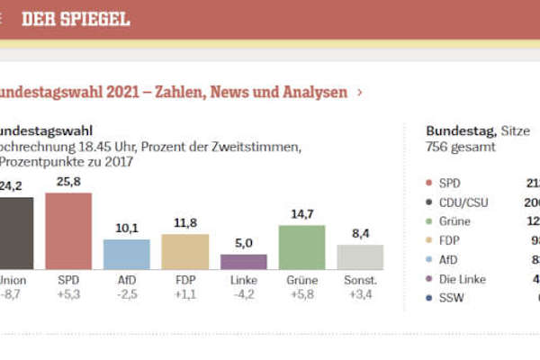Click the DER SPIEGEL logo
(x=76, y=19)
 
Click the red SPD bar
(x=68, y=231)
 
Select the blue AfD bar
(x=126, y=254)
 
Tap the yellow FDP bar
(x=184, y=251)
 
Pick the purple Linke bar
(x=243, y=261)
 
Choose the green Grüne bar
(x=301, y=247)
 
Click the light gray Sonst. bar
(x=360, y=256)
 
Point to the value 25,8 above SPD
(x=68, y=182)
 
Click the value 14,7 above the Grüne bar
(x=301, y=214)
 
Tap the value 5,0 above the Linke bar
(x=243, y=243)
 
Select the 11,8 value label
(x=184, y=223)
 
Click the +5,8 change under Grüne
(x=301, y=293)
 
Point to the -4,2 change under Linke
(x=243, y=293)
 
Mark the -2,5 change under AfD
(x=126, y=293)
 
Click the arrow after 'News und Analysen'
(x=360, y=92)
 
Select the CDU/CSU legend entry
(x=463, y=202)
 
